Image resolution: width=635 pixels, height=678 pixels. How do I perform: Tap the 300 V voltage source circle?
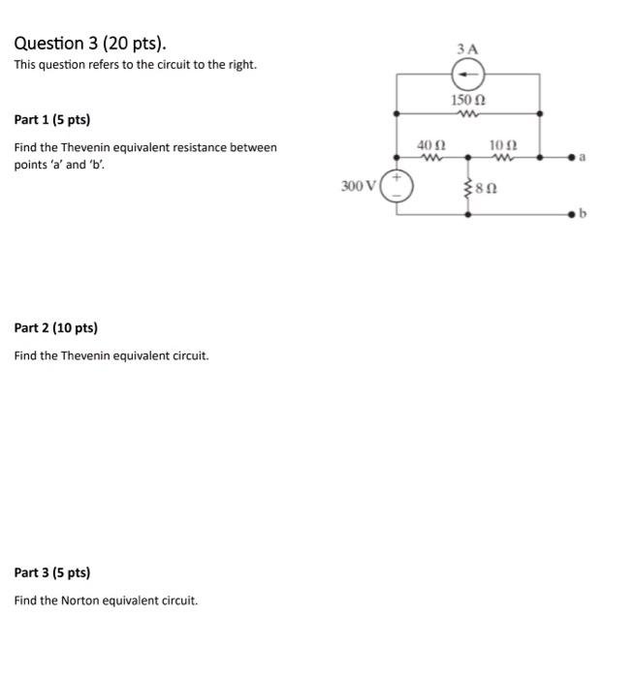pos(397,185)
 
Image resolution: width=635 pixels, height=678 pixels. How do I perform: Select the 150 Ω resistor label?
pos(468,100)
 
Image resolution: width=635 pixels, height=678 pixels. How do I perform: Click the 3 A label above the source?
pos(468,48)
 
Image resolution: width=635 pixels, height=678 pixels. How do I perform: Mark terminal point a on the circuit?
pos(575,156)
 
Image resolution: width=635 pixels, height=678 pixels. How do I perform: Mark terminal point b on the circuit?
pos(575,213)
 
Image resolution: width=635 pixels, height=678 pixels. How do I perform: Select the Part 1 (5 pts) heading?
pos(52,120)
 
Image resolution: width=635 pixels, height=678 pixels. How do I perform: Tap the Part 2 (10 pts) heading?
pos(56,327)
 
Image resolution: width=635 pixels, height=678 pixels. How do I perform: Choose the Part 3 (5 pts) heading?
pos(52,572)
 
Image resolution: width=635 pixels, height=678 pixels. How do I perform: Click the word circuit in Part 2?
pos(188,355)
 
